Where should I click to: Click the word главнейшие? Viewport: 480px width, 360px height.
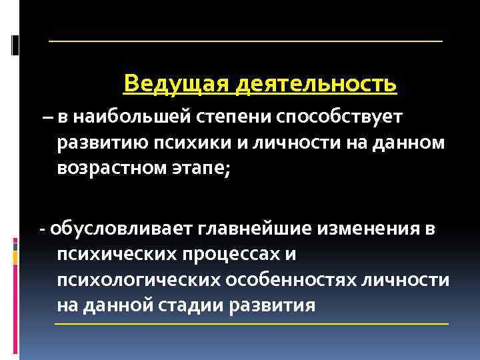(x=253, y=230)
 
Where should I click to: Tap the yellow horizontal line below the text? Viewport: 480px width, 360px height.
(x=251, y=323)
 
